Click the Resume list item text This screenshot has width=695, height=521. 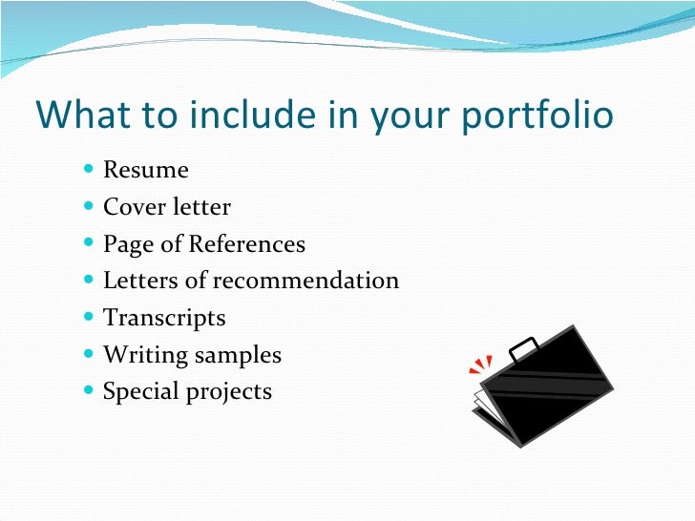[x=146, y=171]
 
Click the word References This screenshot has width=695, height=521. [x=246, y=244]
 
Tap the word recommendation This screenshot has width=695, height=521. [x=305, y=281]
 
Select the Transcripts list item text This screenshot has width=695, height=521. [x=164, y=319]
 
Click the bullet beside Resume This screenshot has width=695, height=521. [x=89, y=171]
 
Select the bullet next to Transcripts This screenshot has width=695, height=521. [x=89, y=318]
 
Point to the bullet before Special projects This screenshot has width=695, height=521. [x=89, y=391]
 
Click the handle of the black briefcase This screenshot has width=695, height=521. [x=524, y=348]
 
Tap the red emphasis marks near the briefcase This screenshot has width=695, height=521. [x=479, y=365]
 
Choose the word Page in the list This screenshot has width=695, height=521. [x=128, y=245]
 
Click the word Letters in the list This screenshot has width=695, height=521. [x=139, y=281]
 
